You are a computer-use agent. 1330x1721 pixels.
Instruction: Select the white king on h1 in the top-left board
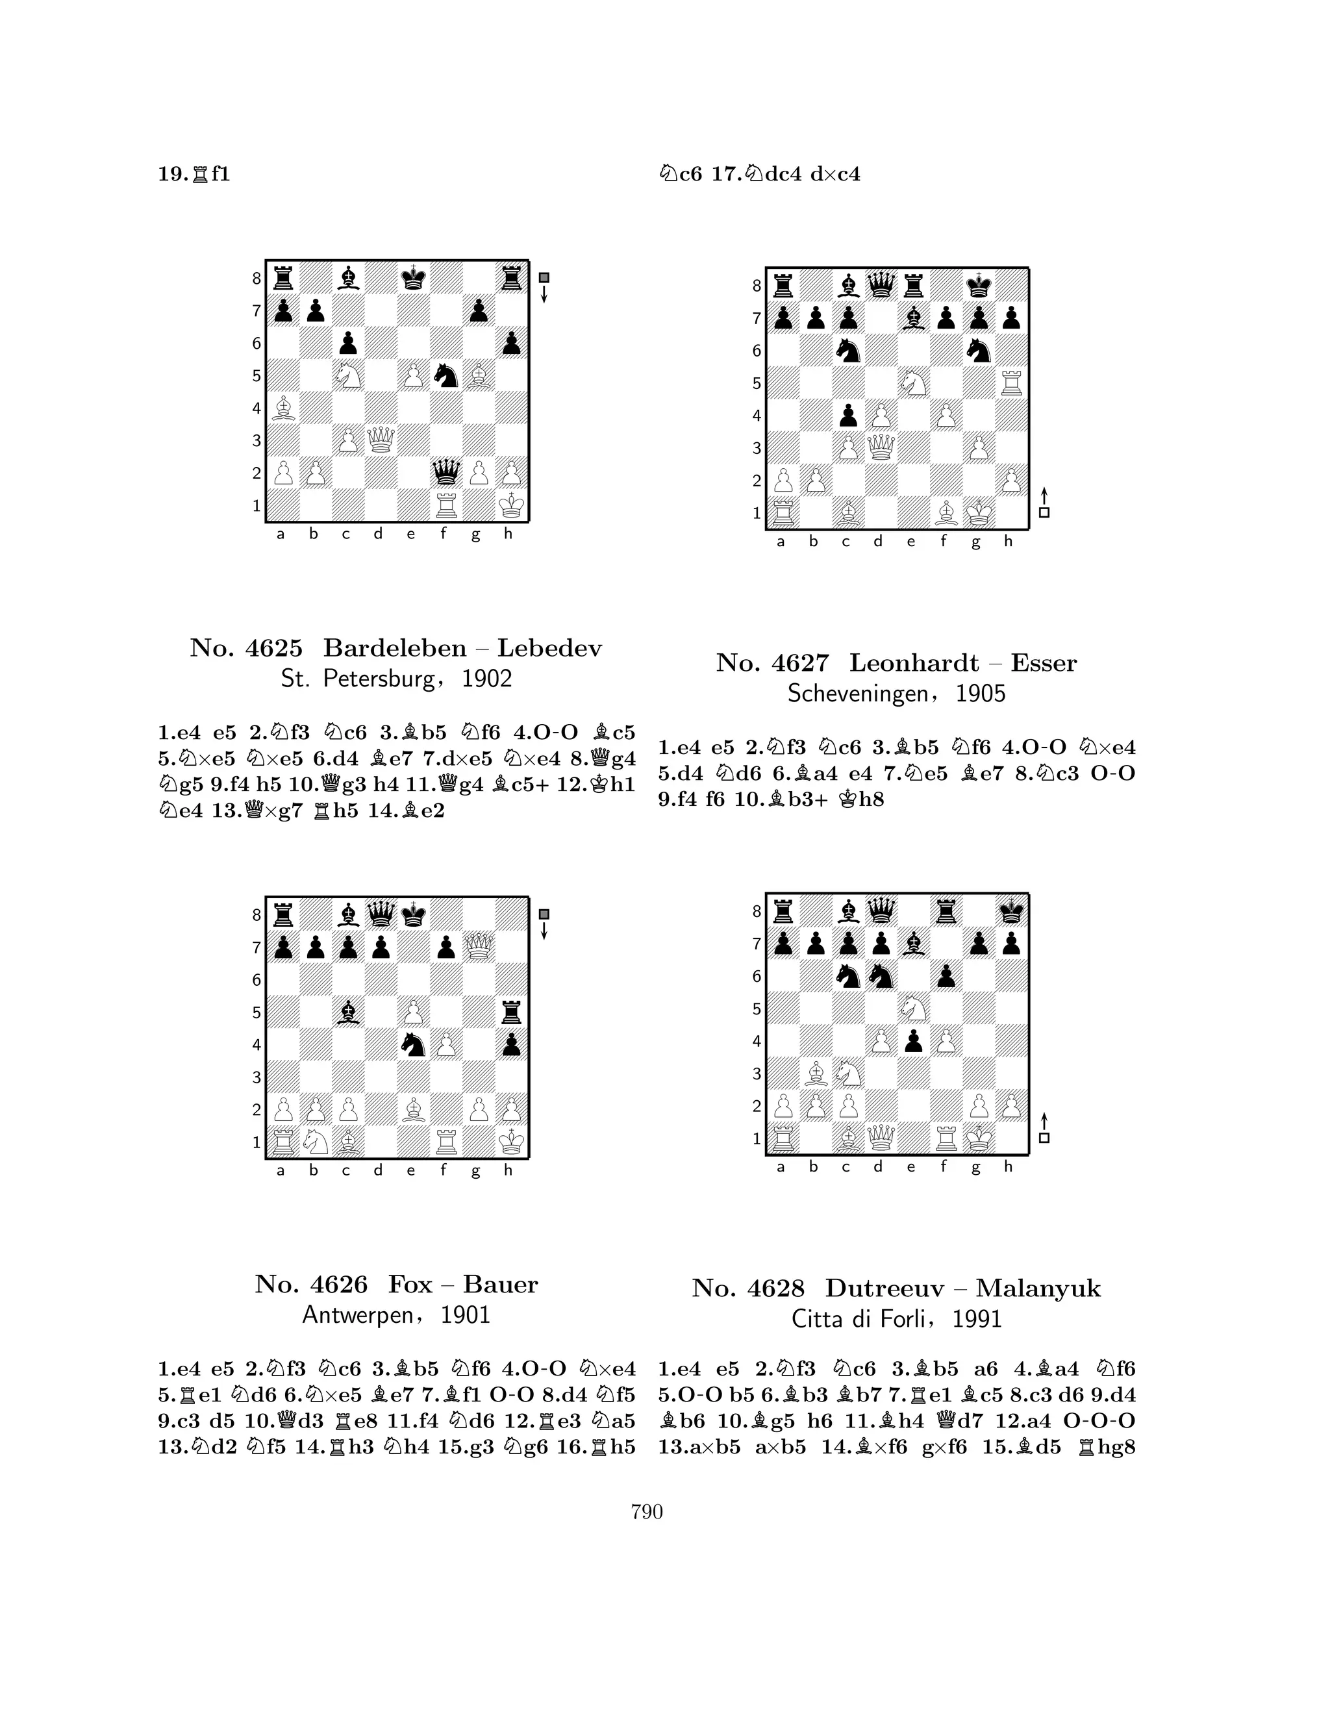[511, 505]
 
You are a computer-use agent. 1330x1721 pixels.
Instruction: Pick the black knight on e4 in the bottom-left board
[413, 1044]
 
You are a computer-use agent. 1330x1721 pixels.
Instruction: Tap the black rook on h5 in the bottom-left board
[511, 1012]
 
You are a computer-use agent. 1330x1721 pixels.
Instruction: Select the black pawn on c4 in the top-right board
[847, 415]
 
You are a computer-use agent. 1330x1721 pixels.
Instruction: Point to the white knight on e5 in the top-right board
[913, 383]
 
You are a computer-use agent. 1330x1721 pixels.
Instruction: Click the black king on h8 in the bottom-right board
[1012, 911]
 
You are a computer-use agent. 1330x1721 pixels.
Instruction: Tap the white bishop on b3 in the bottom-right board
[816, 1074]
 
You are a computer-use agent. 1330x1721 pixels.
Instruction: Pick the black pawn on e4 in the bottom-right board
[913, 1041]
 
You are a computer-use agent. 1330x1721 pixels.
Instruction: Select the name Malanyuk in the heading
[1038, 1288]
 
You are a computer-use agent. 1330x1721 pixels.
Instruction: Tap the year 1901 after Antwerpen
[465, 1315]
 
